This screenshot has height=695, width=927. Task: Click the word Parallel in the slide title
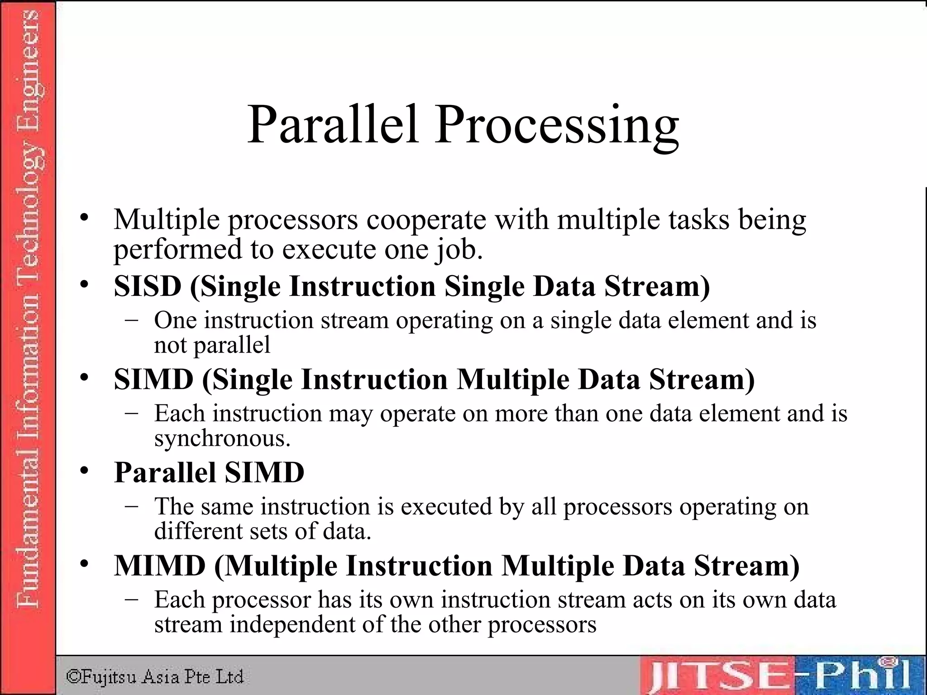click(332, 124)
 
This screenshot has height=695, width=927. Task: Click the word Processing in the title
click(557, 127)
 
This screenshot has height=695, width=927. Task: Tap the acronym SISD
click(148, 286)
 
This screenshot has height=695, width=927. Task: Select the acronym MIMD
click(159, 565)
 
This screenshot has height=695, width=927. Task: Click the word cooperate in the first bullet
click(426, 220)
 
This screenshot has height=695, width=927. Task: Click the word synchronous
click(222, 438)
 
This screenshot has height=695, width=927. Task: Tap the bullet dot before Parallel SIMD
click(84, 471)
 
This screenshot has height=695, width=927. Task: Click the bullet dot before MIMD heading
click(84, 564)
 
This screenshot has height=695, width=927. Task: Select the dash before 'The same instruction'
click(131, 506)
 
